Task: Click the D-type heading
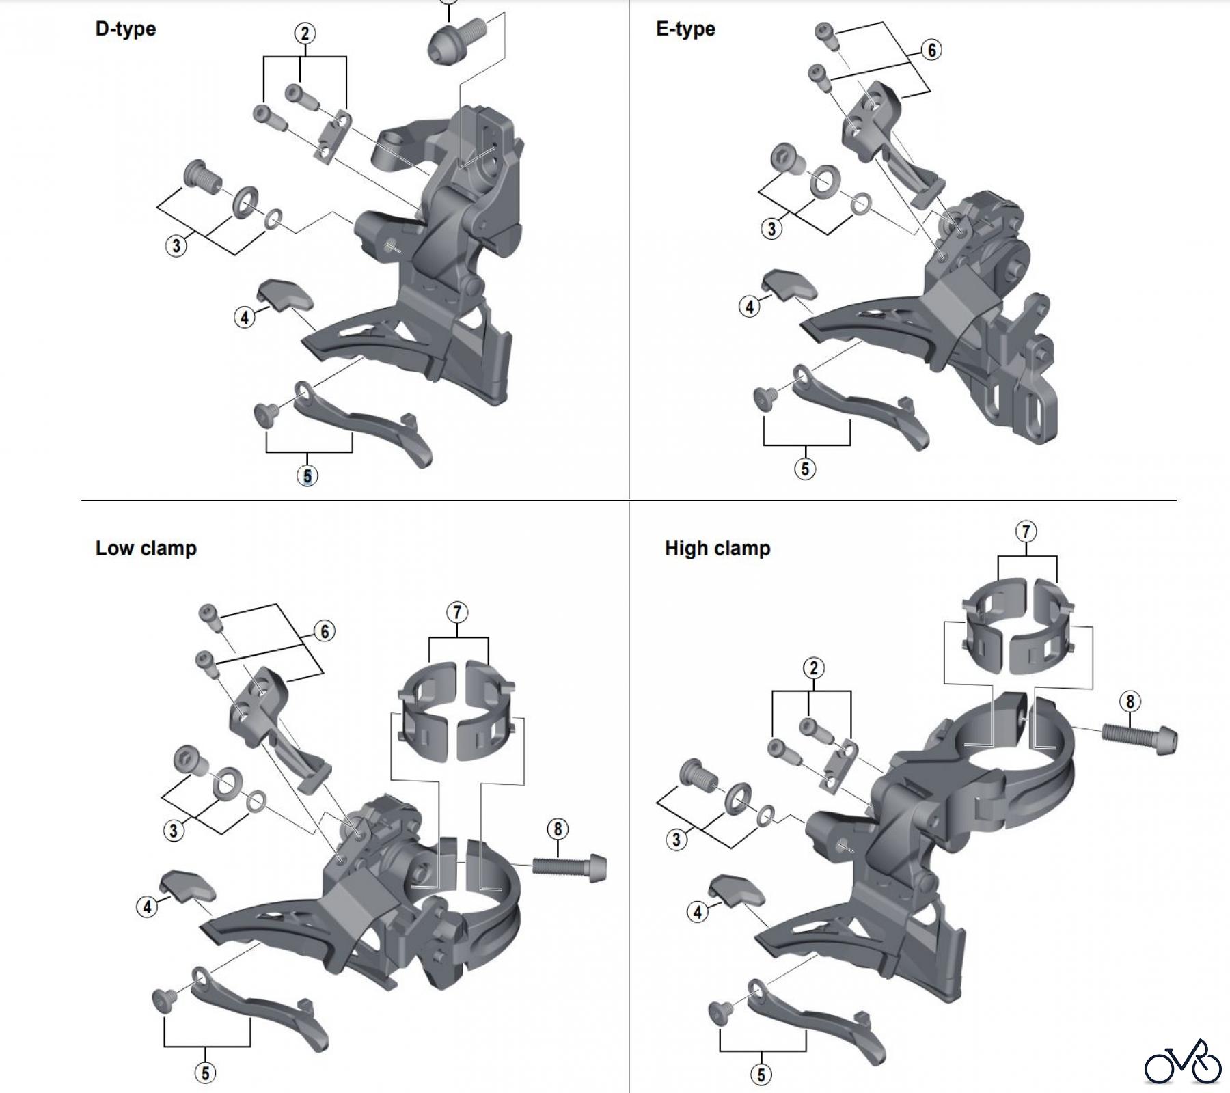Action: (x=126, y=29)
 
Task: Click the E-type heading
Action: (x=685, y=29)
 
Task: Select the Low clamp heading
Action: (x=146, y=549)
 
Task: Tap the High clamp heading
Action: (x=717, y=549)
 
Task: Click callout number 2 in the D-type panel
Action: (x=305, y=33)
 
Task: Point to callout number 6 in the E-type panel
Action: (x=931, y=50)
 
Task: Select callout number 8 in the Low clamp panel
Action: (x=558, y=829)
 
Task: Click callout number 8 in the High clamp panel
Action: (x=1130, y=702)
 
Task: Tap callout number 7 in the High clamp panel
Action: (x=1026, y=531)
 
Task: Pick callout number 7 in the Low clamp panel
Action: (x=457, y=612)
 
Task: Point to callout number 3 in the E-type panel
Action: (x=771, y=228)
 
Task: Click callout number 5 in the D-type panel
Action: (x=307, y=475)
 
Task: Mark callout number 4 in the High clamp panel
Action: (x=697, y=912)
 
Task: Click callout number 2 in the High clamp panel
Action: (x=812, y=668)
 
